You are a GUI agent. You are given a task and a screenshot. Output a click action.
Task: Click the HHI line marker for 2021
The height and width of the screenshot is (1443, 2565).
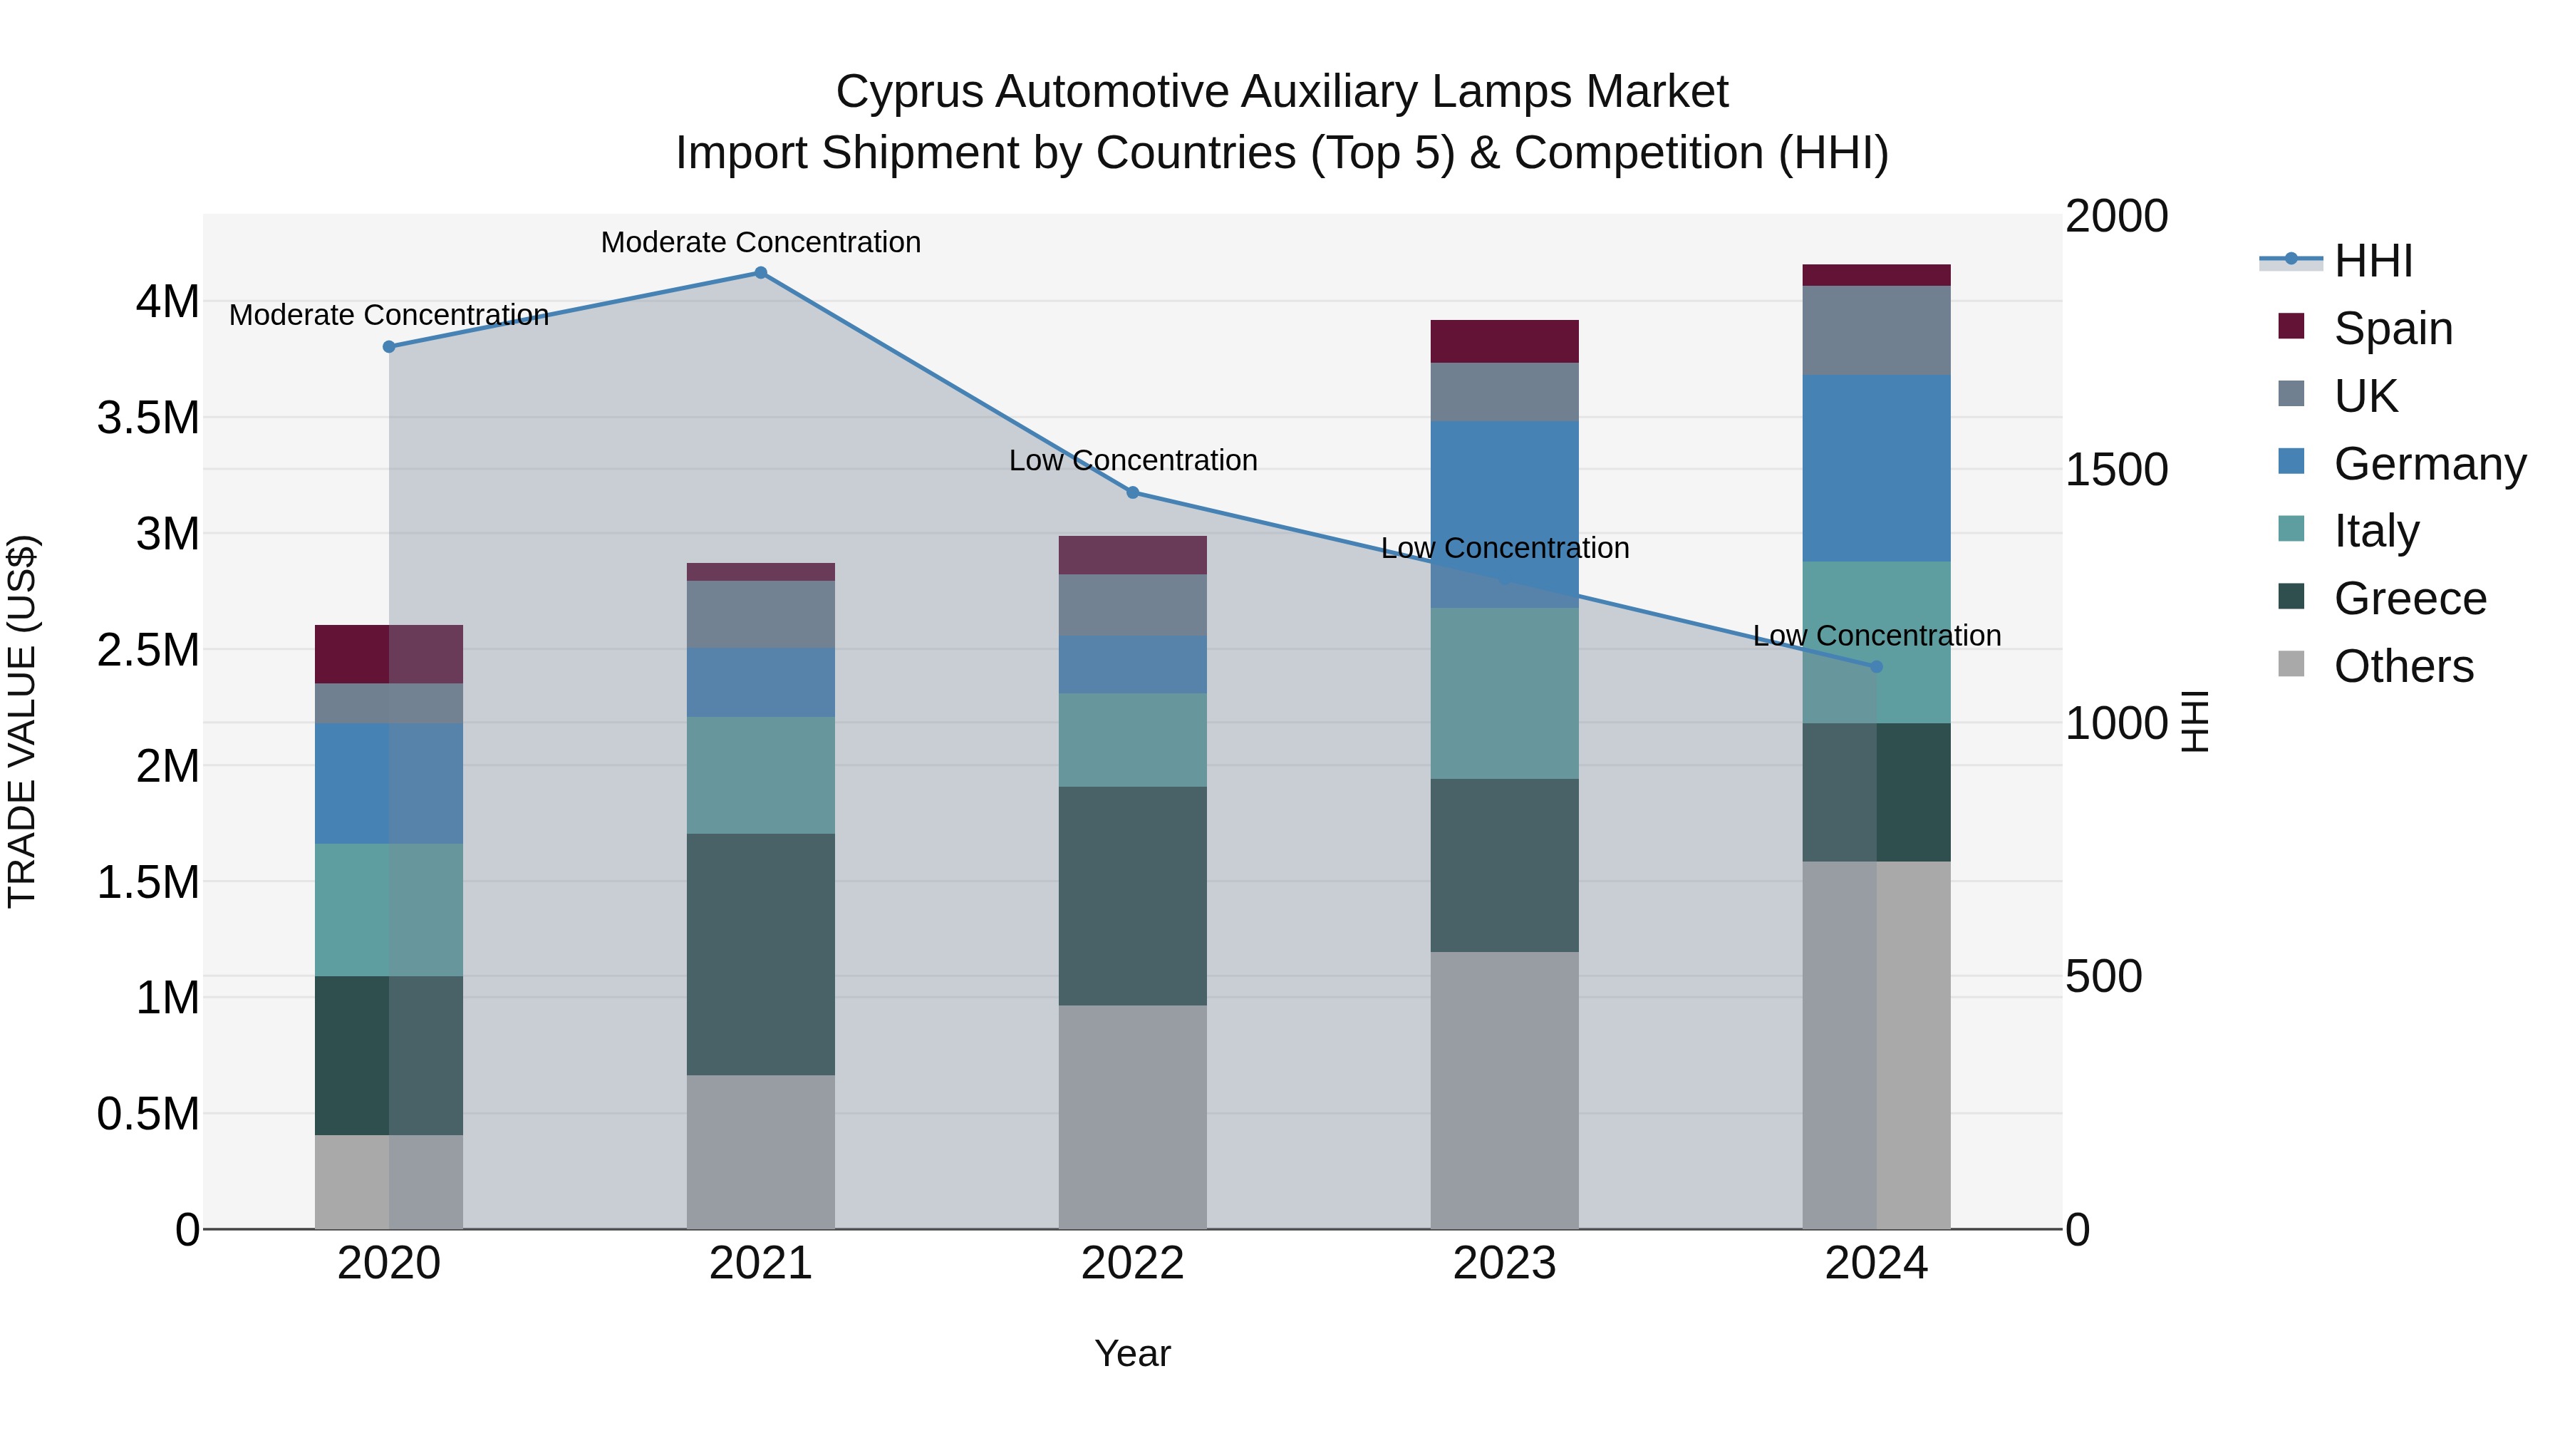[x=761, y=272]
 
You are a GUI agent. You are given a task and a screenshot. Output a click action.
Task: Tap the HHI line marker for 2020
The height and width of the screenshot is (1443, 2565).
[x=389, y=346]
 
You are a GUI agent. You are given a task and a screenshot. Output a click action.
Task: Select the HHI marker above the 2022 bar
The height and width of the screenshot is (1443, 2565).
[x=1132, y=492]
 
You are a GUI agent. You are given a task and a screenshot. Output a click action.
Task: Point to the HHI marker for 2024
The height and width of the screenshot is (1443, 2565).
[x=1876, y=666]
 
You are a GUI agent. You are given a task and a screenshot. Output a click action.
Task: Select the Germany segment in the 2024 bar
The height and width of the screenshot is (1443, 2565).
[x=1876, y=468]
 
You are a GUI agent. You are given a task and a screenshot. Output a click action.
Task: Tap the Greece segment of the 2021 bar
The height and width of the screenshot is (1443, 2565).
[x=761, y=954]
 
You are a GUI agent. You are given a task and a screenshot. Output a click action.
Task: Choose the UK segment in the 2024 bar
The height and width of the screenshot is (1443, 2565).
[x=1876, y=330]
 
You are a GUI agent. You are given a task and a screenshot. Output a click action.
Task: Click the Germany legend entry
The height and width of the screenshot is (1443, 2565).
[x=2429, y=464]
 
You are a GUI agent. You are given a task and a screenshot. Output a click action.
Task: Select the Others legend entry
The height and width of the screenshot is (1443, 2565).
[x=2403, y=666]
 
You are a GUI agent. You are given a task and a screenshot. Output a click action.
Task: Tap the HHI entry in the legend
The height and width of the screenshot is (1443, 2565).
[x=2372, y=261]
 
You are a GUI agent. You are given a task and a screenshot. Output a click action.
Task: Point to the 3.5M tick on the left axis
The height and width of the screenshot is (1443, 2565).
[x=148, y=418]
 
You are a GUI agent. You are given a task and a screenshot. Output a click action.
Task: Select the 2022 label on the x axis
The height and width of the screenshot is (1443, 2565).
[x=1132, y=1263]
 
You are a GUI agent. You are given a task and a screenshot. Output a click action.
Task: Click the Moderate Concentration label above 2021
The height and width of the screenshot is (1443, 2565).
[x=761, y=242]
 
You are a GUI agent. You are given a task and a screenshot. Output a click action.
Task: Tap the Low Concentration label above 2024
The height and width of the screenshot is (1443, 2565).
[x=1876, y=636]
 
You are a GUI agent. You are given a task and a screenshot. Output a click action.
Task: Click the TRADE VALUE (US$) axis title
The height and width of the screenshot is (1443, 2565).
[x=22, y=721]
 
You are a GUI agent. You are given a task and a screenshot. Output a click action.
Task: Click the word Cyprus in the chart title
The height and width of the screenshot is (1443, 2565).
[x=908, y=92]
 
